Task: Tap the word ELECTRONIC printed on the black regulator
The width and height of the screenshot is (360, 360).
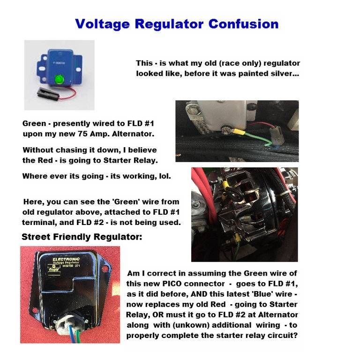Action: [66, 259]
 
